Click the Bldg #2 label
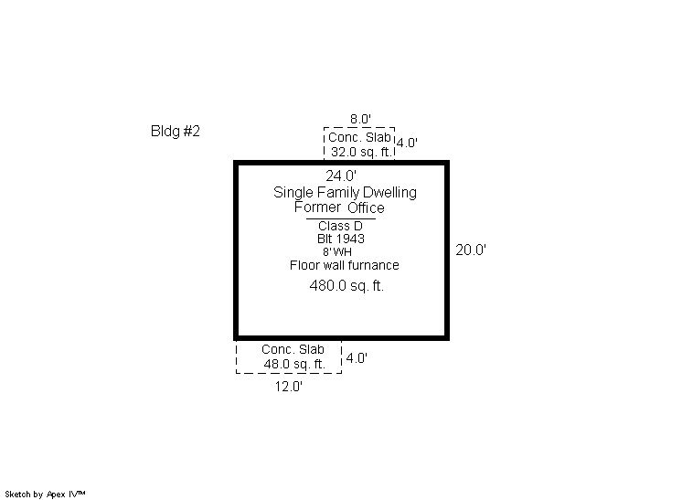pyautogui.click(x=175, y=131)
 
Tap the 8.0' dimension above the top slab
pyautogui.click(x=360, y=119)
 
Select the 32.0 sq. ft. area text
pyautogui.click(x=361, y=152)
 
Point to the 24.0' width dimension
pyautogui.click(x=341, y=176)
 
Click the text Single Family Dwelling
pyautogui.click(x=345, y=192)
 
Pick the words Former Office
pyautogui.click(x=339, y=207)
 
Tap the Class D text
pyautogui.click(x=340, y=226)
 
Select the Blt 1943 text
pyautogui.click(x=341, y=239)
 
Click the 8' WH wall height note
pyautogui.click(x=337, y=251)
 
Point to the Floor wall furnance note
pyautogui.click(x=344, y=265)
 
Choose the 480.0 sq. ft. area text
pyautogui.click(x=346, y=286)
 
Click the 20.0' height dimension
pyautogui.click(x=471, y=250)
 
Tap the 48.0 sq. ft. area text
pyautogui.click(x=294, y=364)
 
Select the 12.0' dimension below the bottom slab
pyautogui.click(x=288, y=386)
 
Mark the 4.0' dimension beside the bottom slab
pyautogui.click(x=357, y=358)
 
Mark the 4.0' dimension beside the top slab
pyautogui.click(x=407, y=143)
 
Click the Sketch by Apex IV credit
pyautogui.click(x=45, y=495)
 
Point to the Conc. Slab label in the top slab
pyautogui.click(x=359, y=137)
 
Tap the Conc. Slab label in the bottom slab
pyautogui.click(x=293, y=349)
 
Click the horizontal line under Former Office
pyautogui.click(x=341, y=218)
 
